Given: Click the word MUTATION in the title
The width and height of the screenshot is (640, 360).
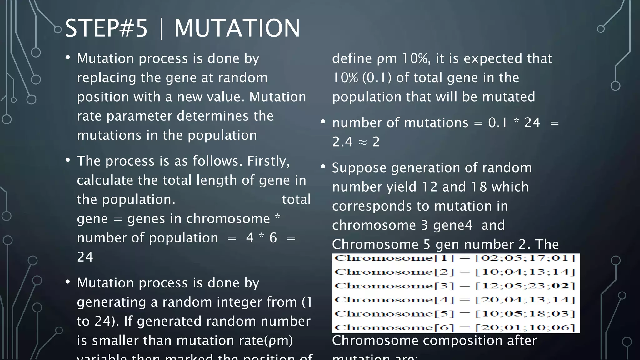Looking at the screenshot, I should click(237, 28).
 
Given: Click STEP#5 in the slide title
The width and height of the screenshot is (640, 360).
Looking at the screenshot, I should click(106, 28).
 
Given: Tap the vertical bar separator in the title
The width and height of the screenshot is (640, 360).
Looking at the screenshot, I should click(161, 28).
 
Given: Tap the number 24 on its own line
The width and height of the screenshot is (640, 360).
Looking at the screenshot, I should click(85, 257).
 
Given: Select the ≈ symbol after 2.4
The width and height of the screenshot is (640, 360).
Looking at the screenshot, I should click(362, 142).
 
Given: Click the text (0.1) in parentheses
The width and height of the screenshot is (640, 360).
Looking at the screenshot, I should click(377, 77).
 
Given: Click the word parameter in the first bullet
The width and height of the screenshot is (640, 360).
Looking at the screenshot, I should click(139, 116).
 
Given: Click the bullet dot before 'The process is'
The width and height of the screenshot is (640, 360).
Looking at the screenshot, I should click(68, 160).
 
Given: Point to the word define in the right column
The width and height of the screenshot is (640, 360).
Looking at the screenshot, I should click(352, 58).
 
